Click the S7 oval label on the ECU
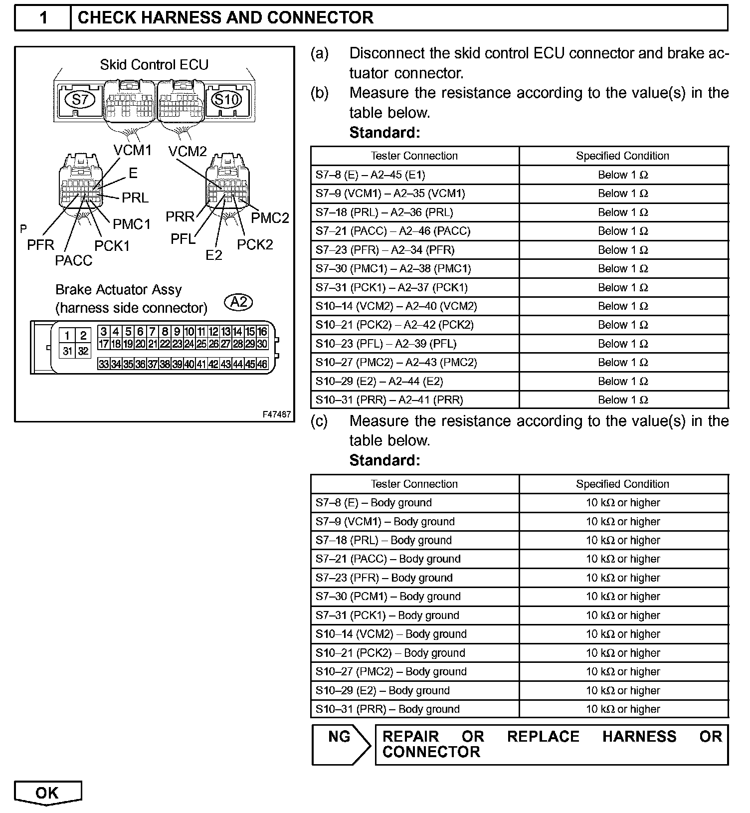pyautogui.click(x=80, y=100)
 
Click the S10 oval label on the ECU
pyautogui.click(x=227, y=100)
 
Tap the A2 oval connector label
pyautogui.click(x=239, y=302)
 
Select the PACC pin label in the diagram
pyautogui.click(x=74, y=260)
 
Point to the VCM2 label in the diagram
pyautogui.click(x=187, y=151)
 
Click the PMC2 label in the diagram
pyautogui.click(x=270, y=218)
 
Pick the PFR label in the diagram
pyautogui.click(x=40, y=245)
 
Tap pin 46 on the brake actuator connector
pyautogui.click(x=262, y=364)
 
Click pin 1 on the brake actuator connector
pyautogui.click(x=67, y=335)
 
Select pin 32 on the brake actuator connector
pyautogui.click(x=83, y=351)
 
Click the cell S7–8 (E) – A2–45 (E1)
pyautogui.click(x=371, y=175)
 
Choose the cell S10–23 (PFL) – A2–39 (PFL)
pyautogui.click(x=386, y=344)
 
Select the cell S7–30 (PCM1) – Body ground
pyautogui.click(x=388, y=597)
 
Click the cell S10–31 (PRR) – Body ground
pyautogui.click(x=387, y=709)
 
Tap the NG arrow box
pyautogui.click(x=341, y=744)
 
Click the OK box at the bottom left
pyautogui.click(x=47, y=793)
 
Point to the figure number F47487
pyautogui.click(x=277, y=414)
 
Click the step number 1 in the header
pyautogui.click(x=43, y=18)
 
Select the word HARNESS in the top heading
pyautogui.click(x=181, y=18)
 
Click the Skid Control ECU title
pyautogui.click(x=154, y=65)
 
